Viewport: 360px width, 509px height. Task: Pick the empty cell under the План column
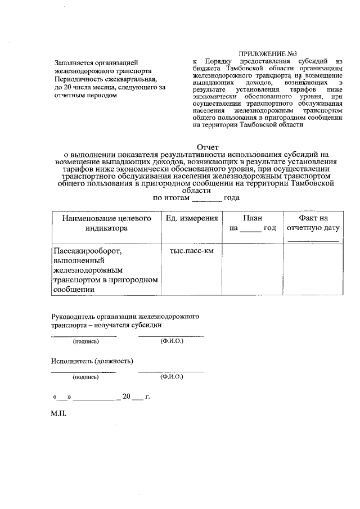tap(252, 270)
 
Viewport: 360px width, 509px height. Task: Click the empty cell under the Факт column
tap(313, 270)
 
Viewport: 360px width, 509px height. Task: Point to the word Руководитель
tap(74, 317)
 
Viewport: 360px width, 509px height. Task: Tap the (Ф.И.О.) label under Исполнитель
tap(171, 377)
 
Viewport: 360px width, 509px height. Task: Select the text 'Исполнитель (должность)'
tap(92, 360)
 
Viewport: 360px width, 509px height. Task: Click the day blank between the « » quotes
tap(62, 397)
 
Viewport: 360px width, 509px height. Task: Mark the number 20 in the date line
tap(126, 397)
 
